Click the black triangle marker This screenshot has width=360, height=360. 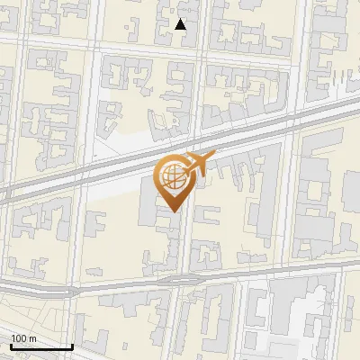point(181,25)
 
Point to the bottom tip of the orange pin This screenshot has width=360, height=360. point(172,211)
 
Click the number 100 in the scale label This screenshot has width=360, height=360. point(20,337)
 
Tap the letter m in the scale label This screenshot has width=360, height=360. point(33,337)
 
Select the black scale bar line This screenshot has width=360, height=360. point(40,346)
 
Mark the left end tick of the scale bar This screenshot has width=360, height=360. point(10,345)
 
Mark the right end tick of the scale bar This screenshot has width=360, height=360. point(72,345)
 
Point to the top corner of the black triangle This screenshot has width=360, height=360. point(181,20)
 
